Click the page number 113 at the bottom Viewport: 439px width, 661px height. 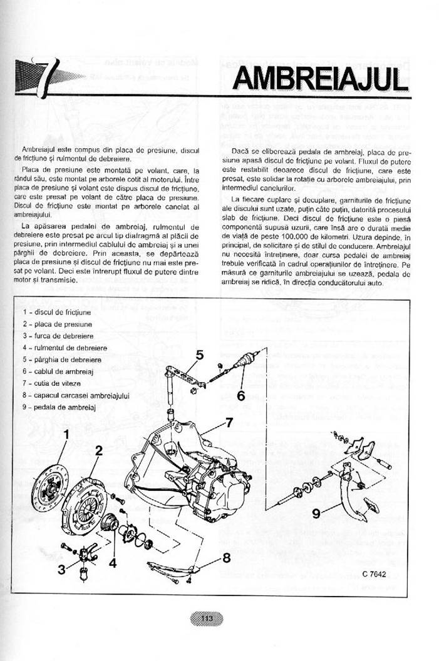pyautogui.click(x=207, y=618)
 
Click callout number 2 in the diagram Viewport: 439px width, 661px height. pyautogui.click(x=98, y=450)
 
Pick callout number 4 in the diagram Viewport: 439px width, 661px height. pyautogui.click(x=113, y=562)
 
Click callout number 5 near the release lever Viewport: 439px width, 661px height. pyautogui.click(x=199, y=355)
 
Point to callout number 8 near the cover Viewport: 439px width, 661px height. pyautogui.click(x=227, y=555)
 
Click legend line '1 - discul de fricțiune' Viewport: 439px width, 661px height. pyautogui.click(x=57, y=311)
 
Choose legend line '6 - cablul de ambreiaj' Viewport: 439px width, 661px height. pyautogui.click(x=58, y=371)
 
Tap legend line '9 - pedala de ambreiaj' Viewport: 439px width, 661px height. pyautogui.click(x=58, y=407)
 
